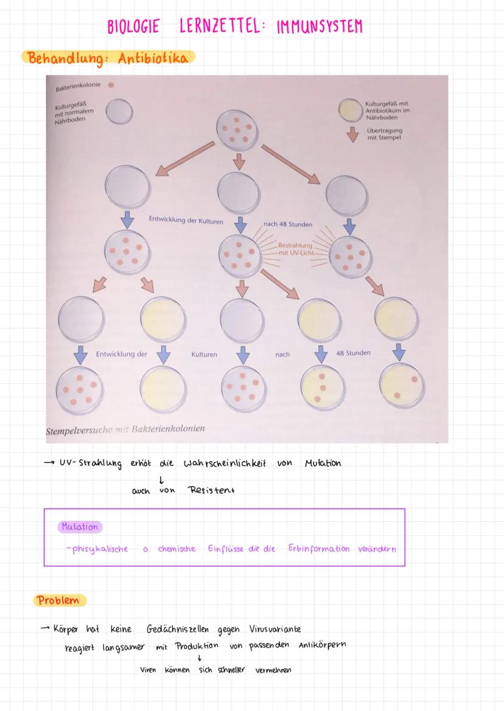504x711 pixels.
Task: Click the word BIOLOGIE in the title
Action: click(133, 26)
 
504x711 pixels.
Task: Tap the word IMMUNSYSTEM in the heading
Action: click(320, 27)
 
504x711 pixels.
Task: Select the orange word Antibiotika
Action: click(153, 58)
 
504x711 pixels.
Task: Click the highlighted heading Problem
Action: click(58, 600)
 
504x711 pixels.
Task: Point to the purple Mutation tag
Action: click(80, 527)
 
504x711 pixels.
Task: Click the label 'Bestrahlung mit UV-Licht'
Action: click(296, 249)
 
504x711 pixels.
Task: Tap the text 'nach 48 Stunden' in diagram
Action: click(288, 224)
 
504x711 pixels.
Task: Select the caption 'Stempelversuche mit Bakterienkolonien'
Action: click(125, 429)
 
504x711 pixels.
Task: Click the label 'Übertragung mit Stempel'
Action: click(385, 134)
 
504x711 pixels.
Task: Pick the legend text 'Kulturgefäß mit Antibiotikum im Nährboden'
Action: click(387, 110)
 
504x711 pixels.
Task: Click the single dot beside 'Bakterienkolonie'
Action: click(111, 85)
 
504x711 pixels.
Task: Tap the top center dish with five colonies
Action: click(237, 130)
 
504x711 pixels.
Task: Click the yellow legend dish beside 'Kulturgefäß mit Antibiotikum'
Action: click(350, 110)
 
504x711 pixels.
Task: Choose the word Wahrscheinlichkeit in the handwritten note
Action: click(225, 463)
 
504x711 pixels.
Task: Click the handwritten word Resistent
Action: click(212, 490)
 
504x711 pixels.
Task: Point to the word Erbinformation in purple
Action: click(319, 549)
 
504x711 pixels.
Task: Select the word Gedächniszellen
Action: click(178, 629)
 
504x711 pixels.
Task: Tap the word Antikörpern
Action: click(322, 645)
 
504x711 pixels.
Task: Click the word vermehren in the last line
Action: click(273, 670)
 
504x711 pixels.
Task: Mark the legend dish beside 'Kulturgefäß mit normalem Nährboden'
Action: click(119, 111)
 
